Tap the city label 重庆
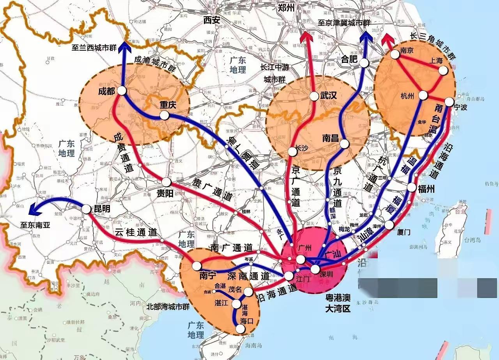tap(168, 105)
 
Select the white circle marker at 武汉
tap(315, 96)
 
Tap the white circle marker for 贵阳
tap(166, 182)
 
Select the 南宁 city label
tap(207, 275)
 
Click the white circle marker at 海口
tap(241, 329)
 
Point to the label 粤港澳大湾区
tap(338, 304)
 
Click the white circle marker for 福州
tap(412, 187)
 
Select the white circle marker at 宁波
tap(449, 102)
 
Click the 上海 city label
tap(437, 61)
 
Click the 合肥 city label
tap(350, 59)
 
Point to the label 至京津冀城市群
tap(343, 23)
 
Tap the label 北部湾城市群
tap(168, 307)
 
